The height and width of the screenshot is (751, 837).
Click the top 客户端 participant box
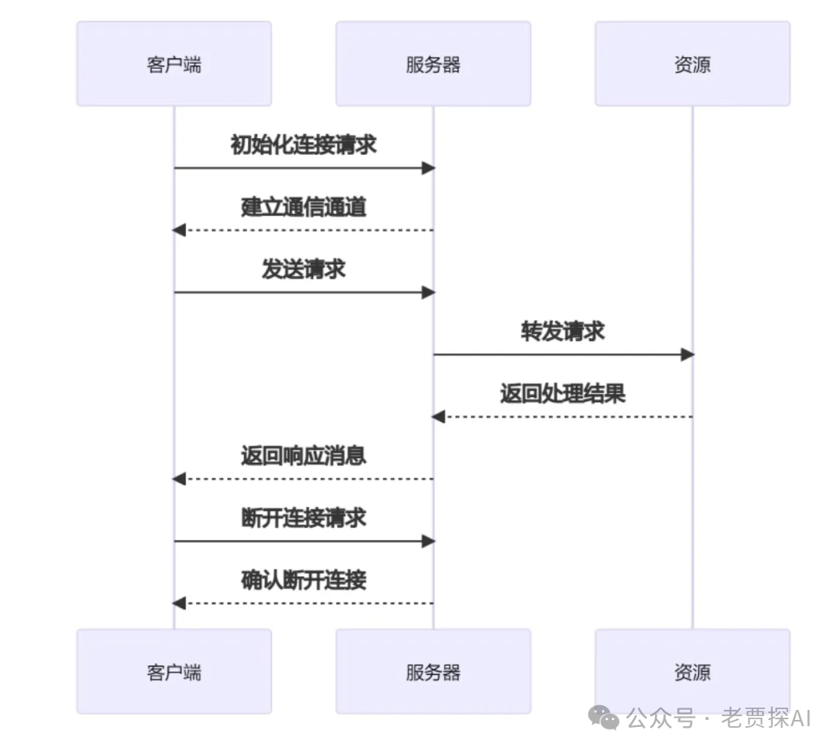tap(174, 64)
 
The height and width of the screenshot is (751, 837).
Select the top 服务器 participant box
tap(432, 64)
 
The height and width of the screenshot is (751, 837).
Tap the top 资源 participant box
tap(692, 64)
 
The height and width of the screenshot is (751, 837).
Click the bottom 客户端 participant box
tap(174, 671)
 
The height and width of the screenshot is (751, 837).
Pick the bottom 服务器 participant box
tap(432, 671)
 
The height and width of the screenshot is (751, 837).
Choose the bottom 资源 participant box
tap(692, 671)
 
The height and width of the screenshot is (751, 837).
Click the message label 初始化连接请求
tap(303, 145)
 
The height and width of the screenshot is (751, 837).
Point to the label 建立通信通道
tap(303, 207)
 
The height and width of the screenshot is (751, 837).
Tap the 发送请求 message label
tap(303, 269)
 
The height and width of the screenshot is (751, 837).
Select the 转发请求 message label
tap(563, 332)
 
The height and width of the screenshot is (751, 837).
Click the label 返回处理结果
tap(563, 394)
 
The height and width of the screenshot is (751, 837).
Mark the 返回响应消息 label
tap(303, 456)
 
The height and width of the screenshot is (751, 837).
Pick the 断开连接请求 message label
tap(303, 518)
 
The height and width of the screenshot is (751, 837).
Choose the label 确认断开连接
tap(303, 580)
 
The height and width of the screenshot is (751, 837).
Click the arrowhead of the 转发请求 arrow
tap(687, 355)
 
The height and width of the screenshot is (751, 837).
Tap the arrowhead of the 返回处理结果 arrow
tap(439, 417)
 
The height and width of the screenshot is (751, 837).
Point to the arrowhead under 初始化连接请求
tap(428, 168)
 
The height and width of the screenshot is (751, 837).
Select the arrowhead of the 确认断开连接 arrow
tap(179, 603)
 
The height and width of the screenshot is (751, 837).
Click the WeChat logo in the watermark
tap(604, 718)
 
